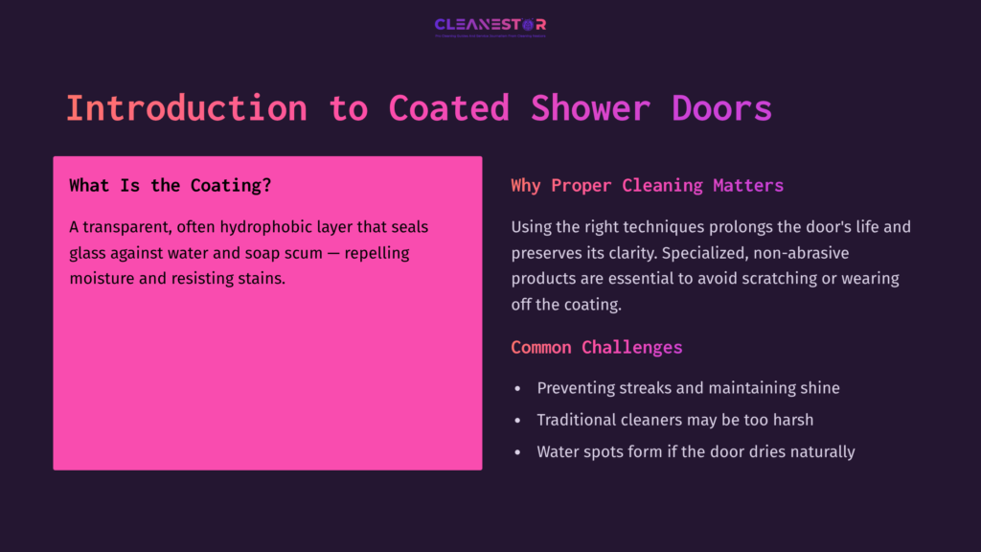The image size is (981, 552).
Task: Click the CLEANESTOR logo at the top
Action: point(490,25)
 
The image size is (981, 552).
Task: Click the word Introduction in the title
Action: point(186,107)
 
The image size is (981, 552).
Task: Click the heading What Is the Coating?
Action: point(170,186)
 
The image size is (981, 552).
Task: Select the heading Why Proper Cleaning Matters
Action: point(647,186)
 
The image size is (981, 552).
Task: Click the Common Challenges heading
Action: point(596,347)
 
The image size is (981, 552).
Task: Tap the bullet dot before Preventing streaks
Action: point(517,389)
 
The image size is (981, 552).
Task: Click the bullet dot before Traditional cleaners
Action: point(517,421)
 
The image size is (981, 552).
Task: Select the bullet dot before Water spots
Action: point(517,452)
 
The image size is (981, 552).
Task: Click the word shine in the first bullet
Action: point(819,388)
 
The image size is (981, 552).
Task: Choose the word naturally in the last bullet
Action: point(822,451)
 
